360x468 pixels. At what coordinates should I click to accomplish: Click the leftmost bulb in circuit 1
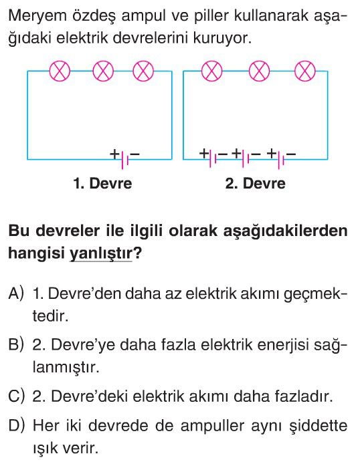[x=60, y=72]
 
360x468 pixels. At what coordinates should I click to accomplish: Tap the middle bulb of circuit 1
[x=103, y=72]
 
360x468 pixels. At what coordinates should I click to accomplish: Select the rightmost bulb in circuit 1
[x=143, y=72]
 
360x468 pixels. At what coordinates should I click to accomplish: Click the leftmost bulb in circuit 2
[x=212, y=72]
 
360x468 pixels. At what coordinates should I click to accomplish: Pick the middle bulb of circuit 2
[x=260, y=72]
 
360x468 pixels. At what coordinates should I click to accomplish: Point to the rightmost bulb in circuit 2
[x=305, y=72]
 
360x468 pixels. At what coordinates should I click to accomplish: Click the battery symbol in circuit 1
[x=124, y=159]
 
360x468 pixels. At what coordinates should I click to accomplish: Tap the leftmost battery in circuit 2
[x=213, y=159]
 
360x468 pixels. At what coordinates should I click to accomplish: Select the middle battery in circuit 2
[x=246, y=159]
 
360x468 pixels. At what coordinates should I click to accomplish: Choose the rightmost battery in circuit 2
[x=281, y=159]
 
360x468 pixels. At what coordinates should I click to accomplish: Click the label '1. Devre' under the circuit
[x=102, y=183]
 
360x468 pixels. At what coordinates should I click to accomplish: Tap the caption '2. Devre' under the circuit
[x=256, y=183]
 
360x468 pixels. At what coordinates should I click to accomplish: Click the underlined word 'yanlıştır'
[x=100, y=253]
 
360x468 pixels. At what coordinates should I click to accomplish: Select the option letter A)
[x=16, y=294]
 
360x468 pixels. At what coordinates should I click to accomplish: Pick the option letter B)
[x=16, y=345]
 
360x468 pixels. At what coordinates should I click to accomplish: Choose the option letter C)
[x=16, y=396]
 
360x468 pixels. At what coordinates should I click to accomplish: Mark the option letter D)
[x=16, y=425]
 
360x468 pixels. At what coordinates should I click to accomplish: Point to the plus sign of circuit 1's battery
[x=114, y=154]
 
